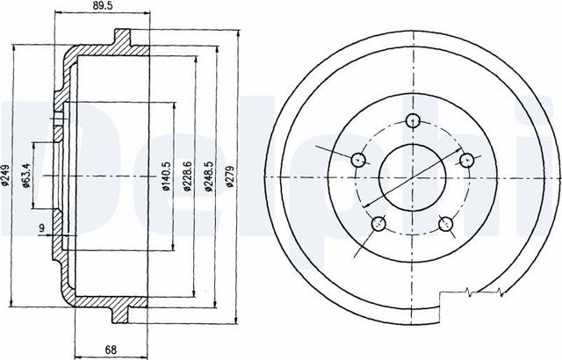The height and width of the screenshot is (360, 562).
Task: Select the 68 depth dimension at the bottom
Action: [x=112, y=350]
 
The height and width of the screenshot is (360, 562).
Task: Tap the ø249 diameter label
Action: [x=5, y=175]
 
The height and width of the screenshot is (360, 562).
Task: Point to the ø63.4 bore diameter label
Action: [x=25, y=176]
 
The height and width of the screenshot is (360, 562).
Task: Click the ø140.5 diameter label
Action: [x=166, y=176]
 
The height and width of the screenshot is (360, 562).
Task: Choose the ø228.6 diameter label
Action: [x=187, y=176]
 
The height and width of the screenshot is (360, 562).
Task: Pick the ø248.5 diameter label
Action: [x=209, y=176]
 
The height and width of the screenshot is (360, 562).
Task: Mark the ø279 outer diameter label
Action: [x=230, y=176]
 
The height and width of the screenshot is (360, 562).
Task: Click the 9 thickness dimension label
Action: [x=41, y=227]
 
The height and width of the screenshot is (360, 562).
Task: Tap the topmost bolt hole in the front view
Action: [x=414, y=120]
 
